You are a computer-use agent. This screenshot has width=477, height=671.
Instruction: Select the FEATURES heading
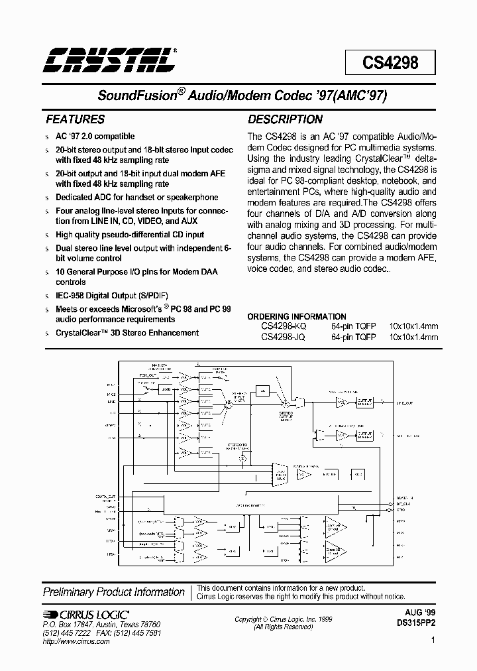coord(74,120)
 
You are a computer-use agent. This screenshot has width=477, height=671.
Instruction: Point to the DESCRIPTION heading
coord(285,120)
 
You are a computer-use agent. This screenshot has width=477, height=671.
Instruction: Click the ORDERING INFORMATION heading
coord(297,316)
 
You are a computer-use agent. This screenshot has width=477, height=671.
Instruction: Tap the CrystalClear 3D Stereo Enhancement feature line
coord(127,333)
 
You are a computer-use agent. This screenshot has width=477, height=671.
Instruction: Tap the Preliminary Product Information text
coord(113,592)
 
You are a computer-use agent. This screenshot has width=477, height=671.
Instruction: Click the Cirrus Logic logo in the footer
coord(86,615)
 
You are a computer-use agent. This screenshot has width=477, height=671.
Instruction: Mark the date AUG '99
coord(421,614)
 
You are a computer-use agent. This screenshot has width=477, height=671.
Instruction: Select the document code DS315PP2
coord(416,624)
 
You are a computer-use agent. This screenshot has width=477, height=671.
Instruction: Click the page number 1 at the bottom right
coord(433,640)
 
